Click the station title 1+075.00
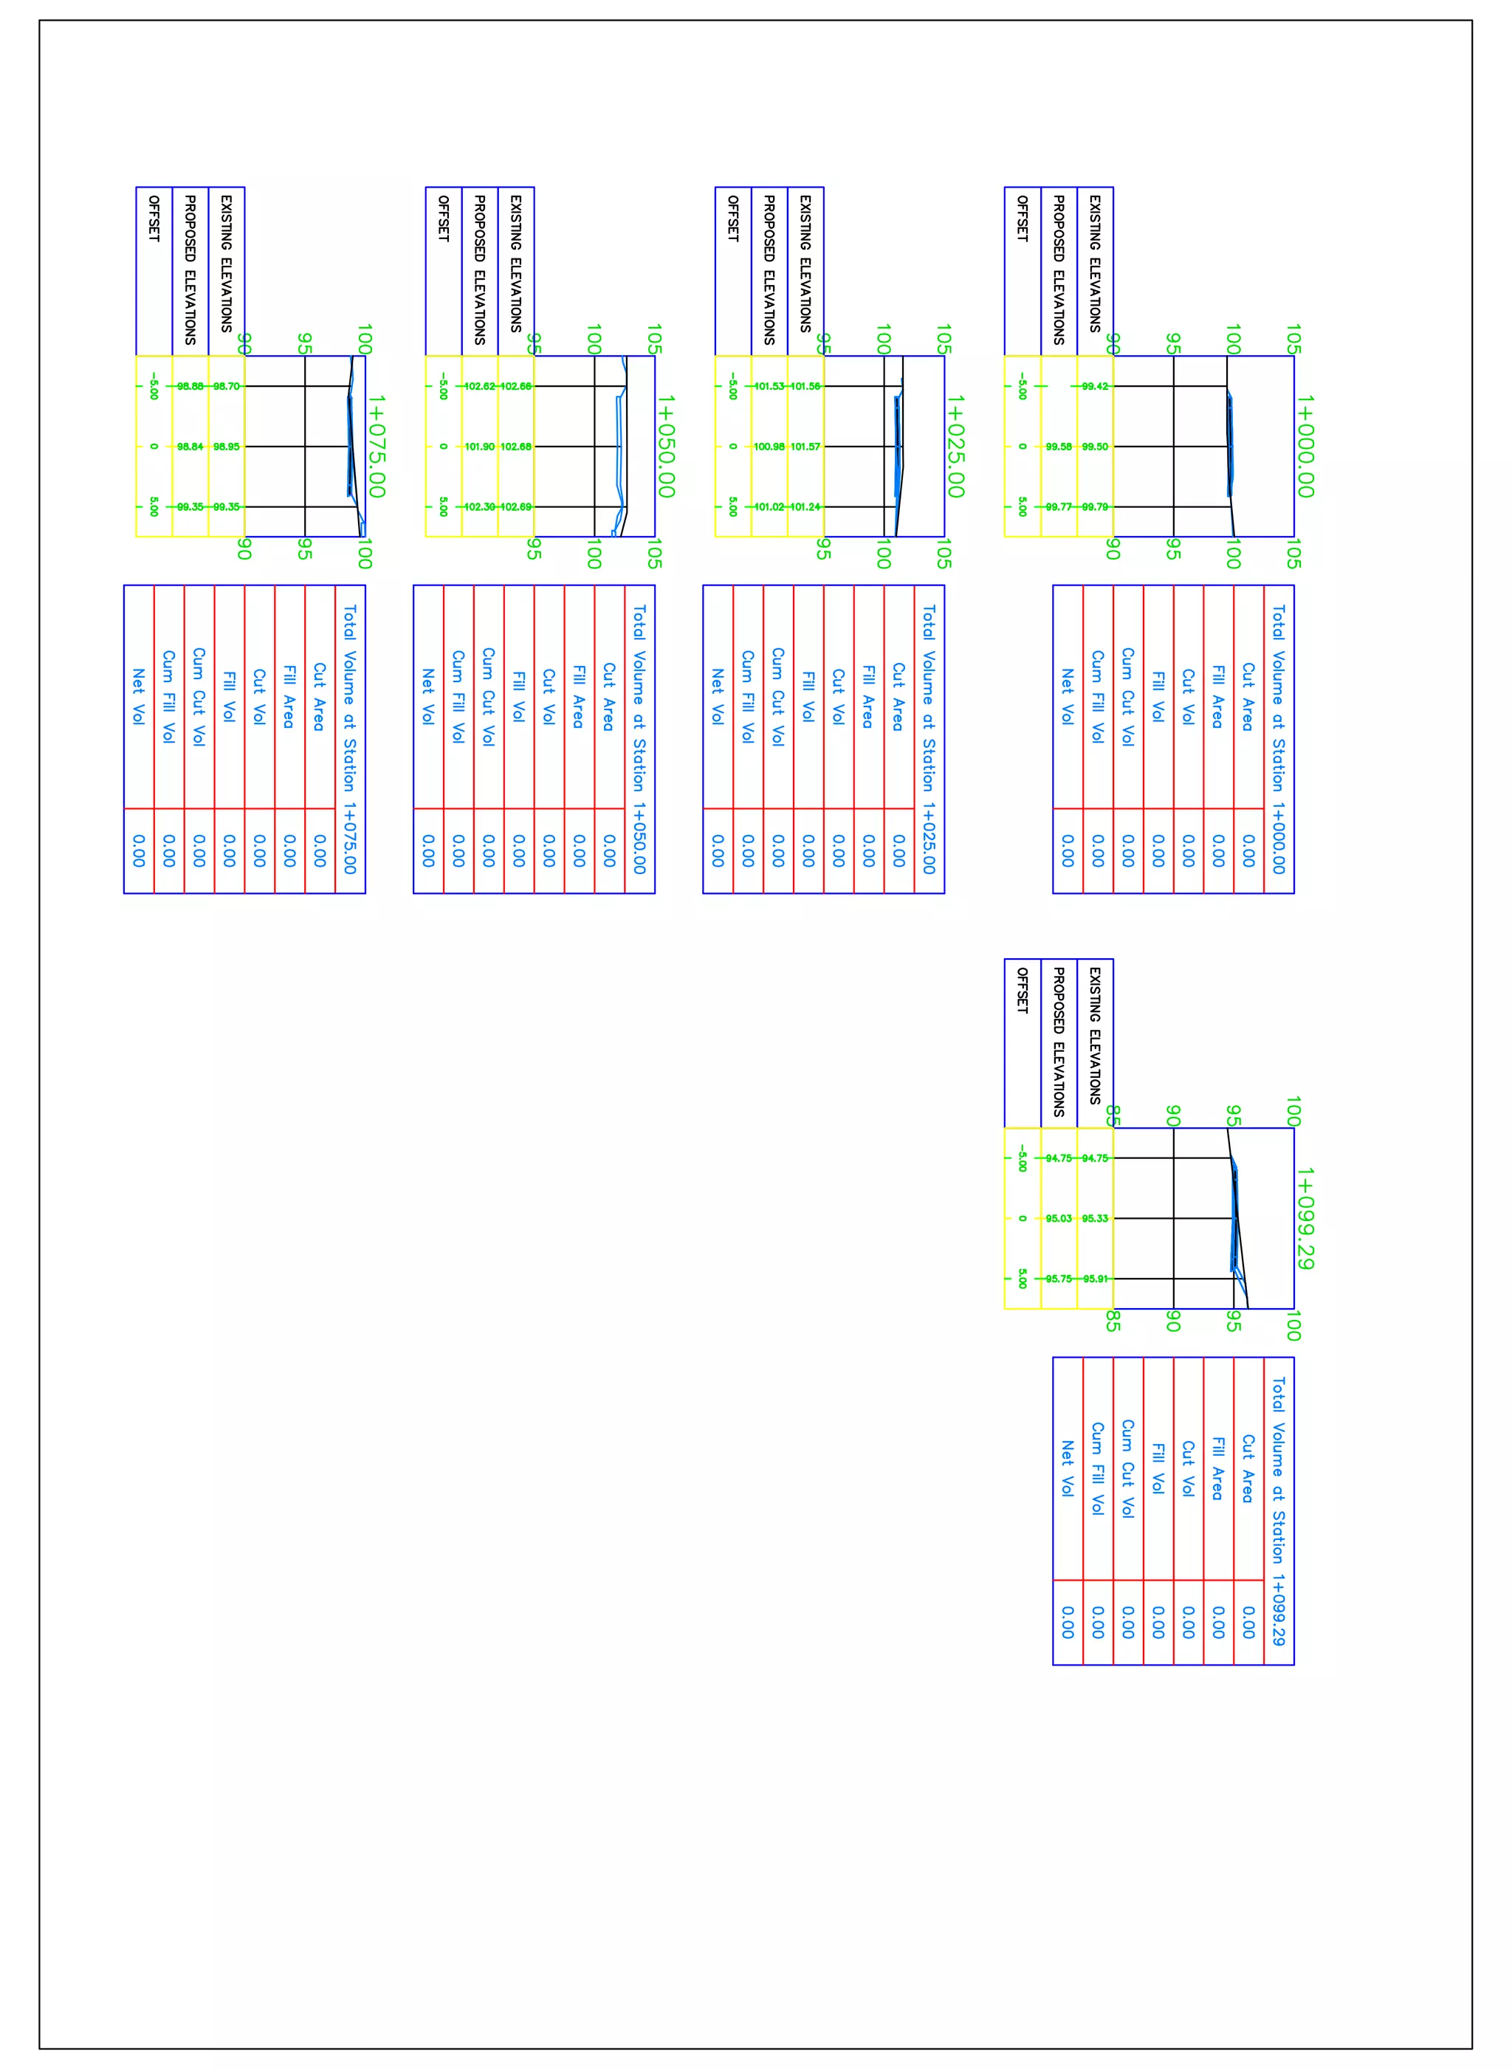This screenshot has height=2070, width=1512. (377, 446)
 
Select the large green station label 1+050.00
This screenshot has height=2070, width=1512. (667, 446)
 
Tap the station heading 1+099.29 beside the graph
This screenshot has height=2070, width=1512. (1305, 1218)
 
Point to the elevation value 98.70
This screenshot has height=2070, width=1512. (226, 386)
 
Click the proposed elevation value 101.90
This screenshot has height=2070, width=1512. (480, 447)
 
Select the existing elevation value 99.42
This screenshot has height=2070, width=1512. (1095, 386)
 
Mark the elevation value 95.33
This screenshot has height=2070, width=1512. (1095, 1218)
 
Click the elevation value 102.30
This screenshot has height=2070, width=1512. (480, 506)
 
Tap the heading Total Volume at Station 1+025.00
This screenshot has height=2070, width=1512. (929, 738)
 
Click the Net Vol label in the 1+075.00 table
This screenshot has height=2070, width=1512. (138, 696)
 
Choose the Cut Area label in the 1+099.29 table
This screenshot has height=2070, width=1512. (1248, 1468)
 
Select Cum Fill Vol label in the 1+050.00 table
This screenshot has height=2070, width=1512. (458, 696)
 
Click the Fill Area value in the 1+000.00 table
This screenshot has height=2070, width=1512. (1218, 850)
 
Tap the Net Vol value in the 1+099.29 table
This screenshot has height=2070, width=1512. (1068, 1622)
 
